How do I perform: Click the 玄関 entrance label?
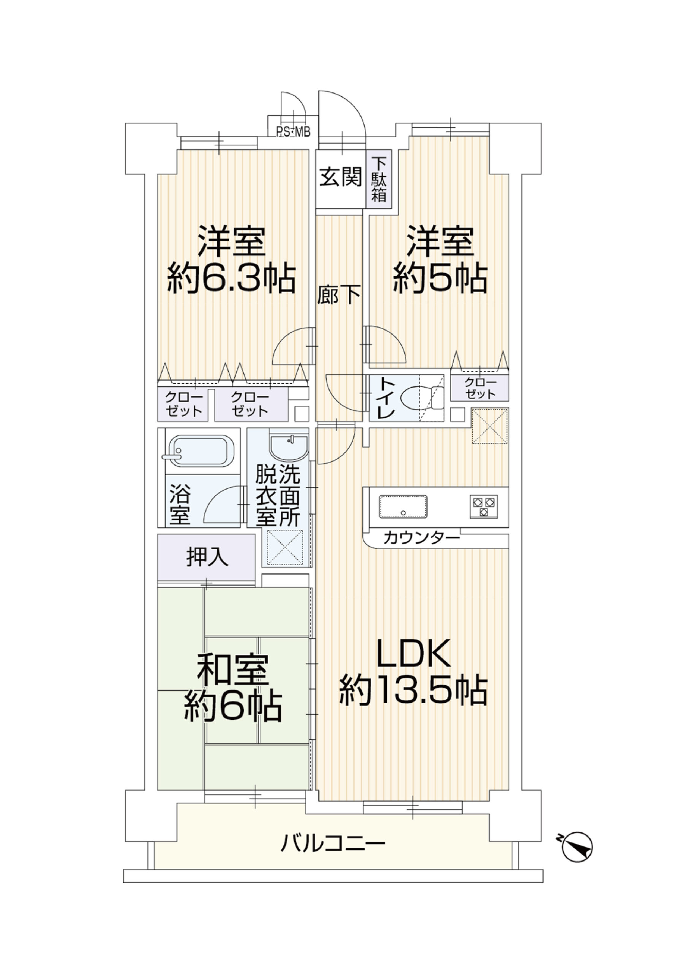point(341,177)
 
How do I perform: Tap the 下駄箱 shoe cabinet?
point(379,179)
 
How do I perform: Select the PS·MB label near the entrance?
point(293,132)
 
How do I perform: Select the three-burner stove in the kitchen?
point(483,506)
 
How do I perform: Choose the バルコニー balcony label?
point(332,843)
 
